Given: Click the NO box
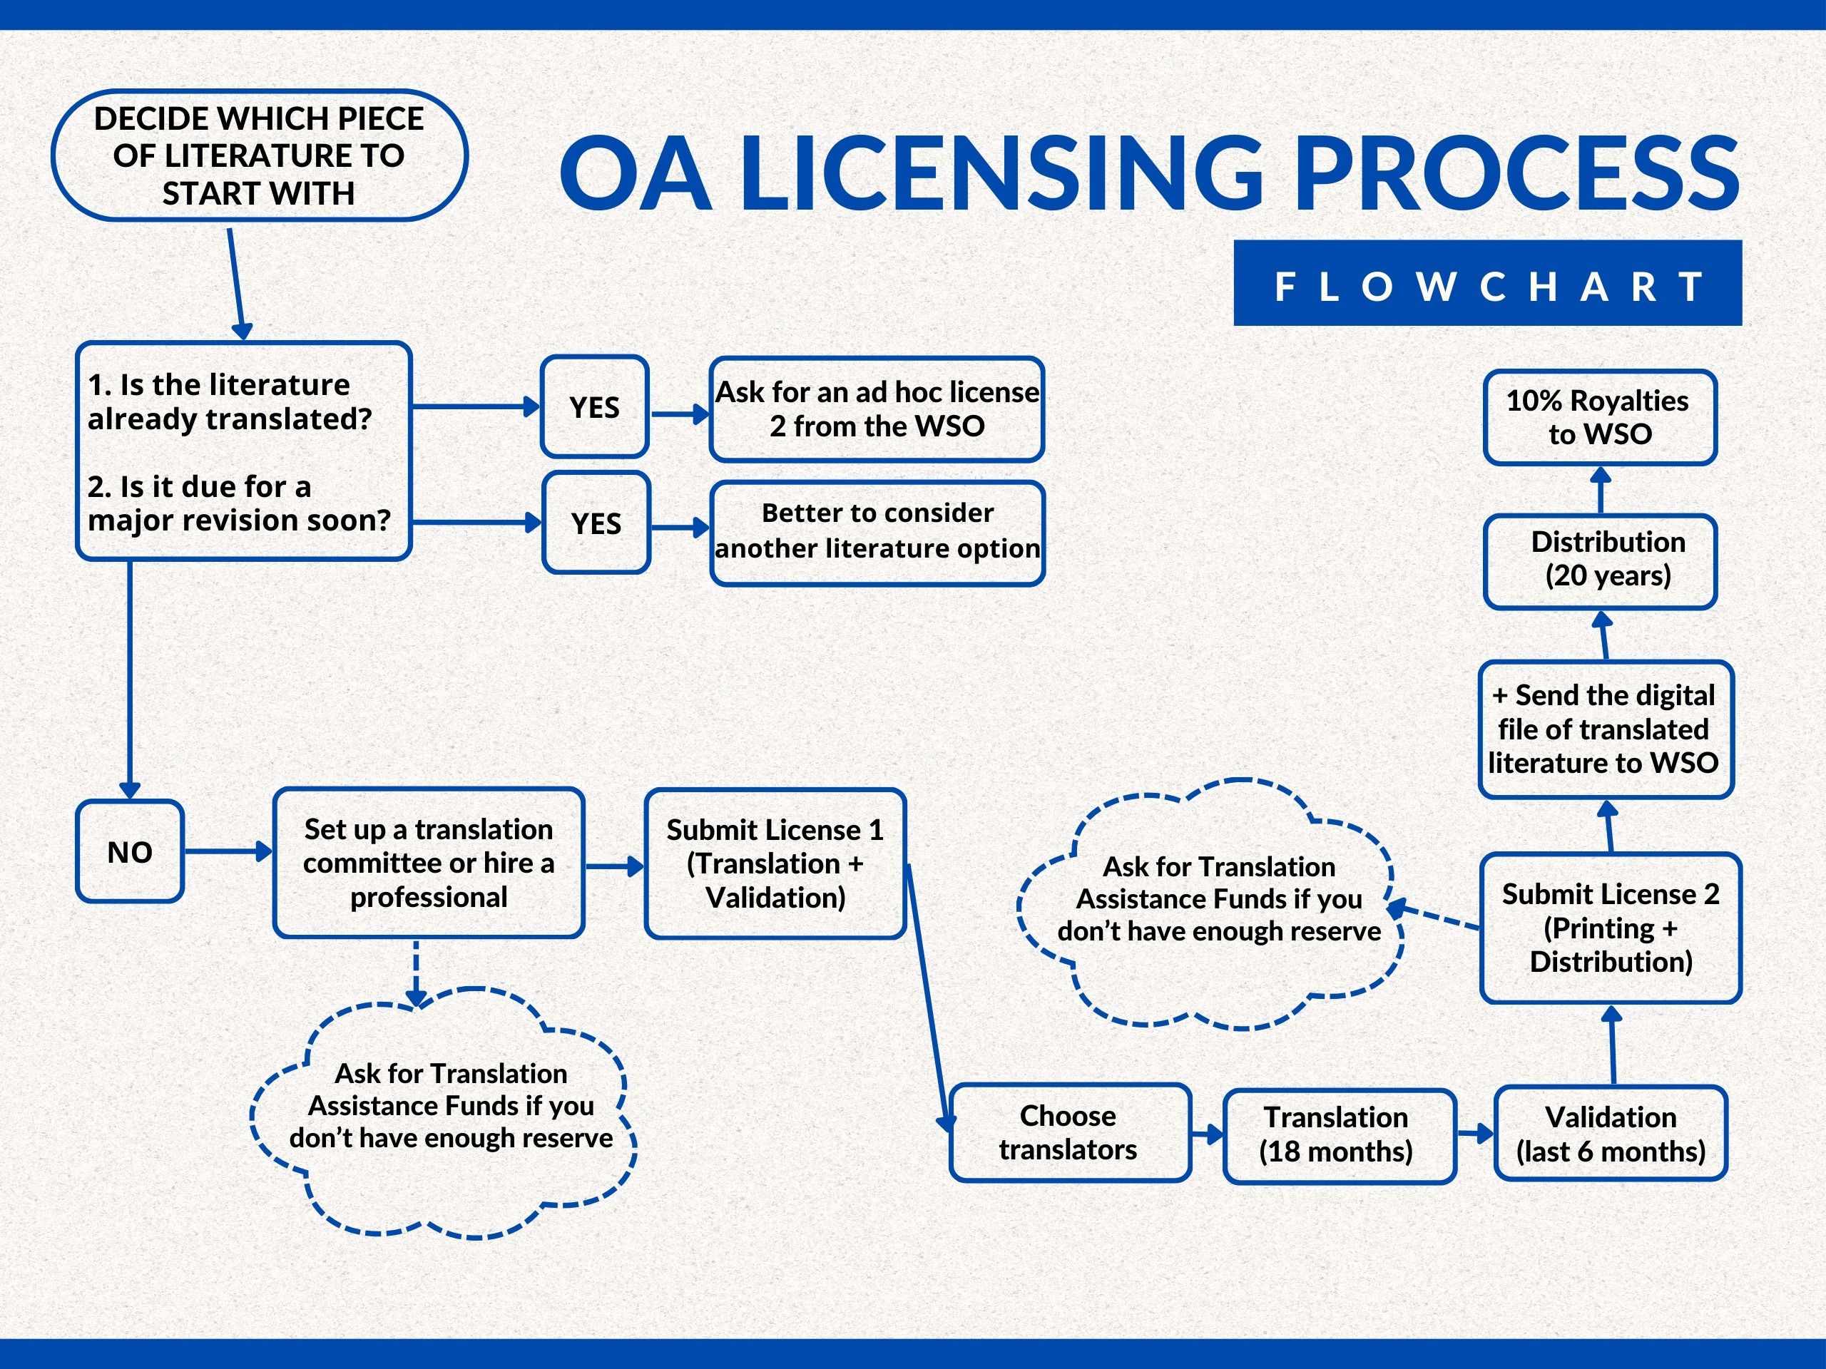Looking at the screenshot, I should [x=130, y=851].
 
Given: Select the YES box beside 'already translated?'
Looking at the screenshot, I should [x=594, y=407].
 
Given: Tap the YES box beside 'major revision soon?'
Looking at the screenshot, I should [x=596, y=523].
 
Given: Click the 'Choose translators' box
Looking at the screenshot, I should [x=1069, y=1132].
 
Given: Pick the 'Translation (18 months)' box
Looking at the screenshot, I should [x=1338, y=1134].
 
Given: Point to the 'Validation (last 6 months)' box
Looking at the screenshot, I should [x=1610, y=1134].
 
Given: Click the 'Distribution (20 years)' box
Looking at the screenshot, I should [x=1599, y=560].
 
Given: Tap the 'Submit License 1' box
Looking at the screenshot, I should [x=775, y=863].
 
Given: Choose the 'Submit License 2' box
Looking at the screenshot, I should [x=1610, y=928].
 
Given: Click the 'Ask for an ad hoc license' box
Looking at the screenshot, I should [x=877, y=409].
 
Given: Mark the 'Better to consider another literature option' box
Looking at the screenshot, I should [x=877, y=532].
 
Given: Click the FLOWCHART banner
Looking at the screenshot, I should [x=1486, y=283].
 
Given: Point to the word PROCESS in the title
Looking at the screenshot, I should [x=1517, y=173].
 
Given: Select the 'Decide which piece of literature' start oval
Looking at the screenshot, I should [x=259, y=155].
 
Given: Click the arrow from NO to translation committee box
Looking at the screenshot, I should [x=228, y=851].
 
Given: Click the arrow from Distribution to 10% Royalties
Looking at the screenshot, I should [x=1601, y=489].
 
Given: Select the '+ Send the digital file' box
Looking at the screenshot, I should [x=1604, y=729].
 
